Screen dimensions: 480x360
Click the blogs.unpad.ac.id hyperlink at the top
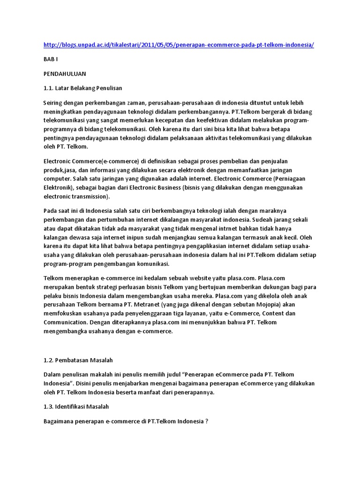point(178,45)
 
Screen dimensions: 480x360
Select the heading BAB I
point(51,60)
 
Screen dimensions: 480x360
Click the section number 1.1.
point(49,88)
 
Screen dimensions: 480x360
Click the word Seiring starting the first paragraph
point(54,102)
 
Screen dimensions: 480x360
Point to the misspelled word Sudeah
point(264,219)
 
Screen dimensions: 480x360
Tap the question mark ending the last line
point(206,421)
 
